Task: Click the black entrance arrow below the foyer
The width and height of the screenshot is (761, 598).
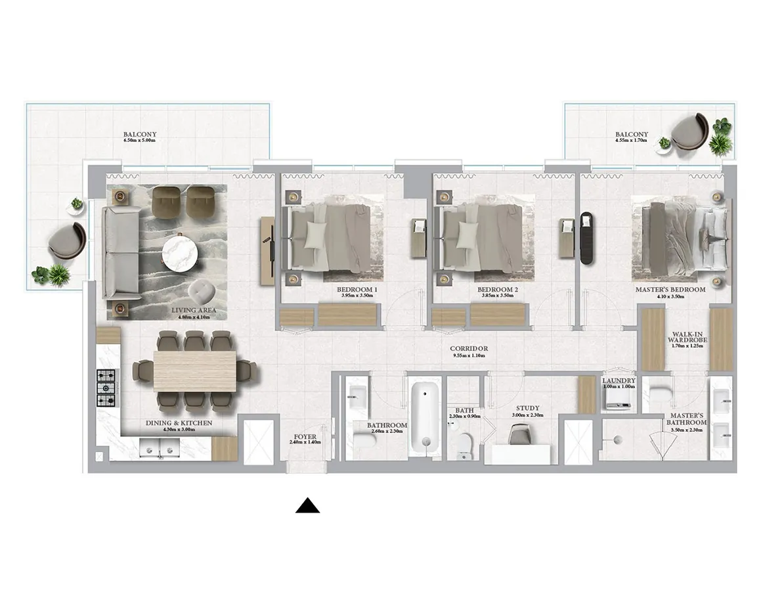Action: click(x=307, y=505)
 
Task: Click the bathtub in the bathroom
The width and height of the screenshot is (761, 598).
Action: click(x=425, y=419)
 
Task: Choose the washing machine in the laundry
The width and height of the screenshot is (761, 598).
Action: click(x=617, y=399)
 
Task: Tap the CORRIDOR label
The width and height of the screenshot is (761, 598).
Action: click(x=468, y=349)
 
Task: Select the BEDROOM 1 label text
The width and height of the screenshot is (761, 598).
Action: click(x=357, y=290)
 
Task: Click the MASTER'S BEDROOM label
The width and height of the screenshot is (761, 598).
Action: click(x=670, y=289)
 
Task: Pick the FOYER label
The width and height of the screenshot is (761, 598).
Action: click(x=305, y=436)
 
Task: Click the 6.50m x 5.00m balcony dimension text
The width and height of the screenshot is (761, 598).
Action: click(x=139, y=141)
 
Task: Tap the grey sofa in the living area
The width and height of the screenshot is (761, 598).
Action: click(x=119, y=253)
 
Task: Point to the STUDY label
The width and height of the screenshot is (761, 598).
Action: click(x=527, y=408)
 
